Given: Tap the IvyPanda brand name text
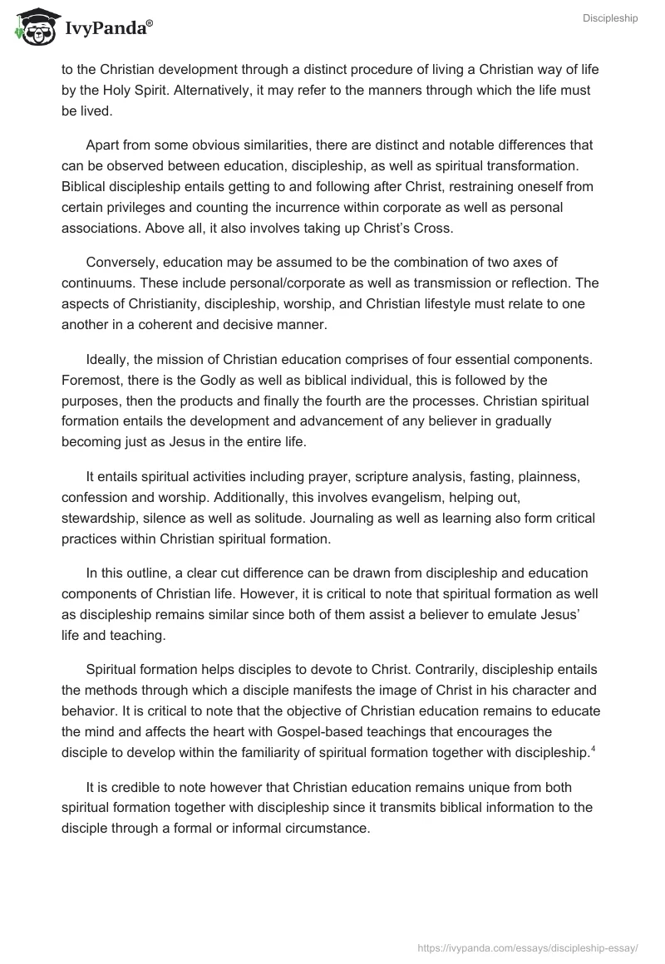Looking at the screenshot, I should [x=107, y=27].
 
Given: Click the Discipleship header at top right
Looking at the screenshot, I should [x=610, y=18].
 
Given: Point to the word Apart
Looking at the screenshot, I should [x=102, y=145].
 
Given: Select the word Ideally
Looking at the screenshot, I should [x=109, y=361].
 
